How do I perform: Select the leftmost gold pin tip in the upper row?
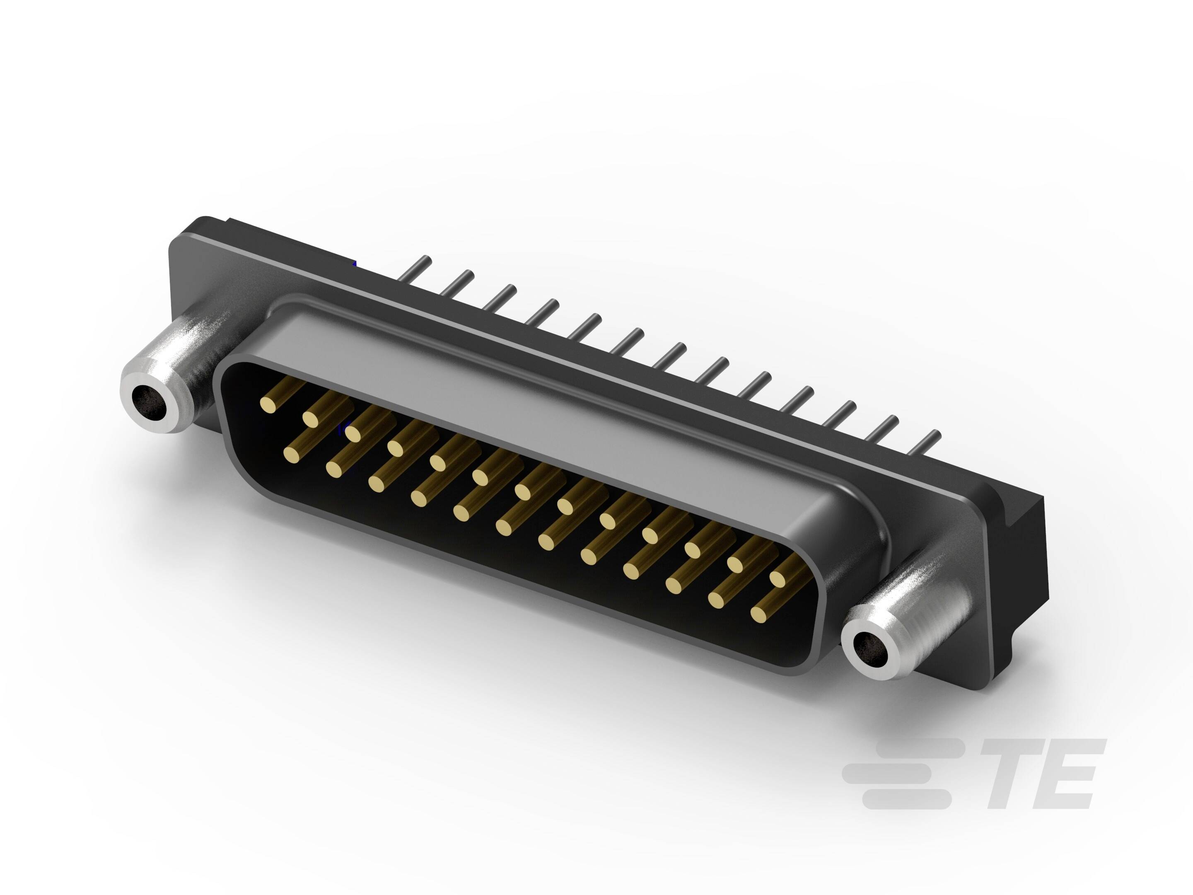coord(268,404)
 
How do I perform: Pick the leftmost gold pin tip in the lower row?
coord(292,456)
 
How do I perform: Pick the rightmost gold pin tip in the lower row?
coord(759,614)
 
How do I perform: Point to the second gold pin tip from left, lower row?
coord(334,470)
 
